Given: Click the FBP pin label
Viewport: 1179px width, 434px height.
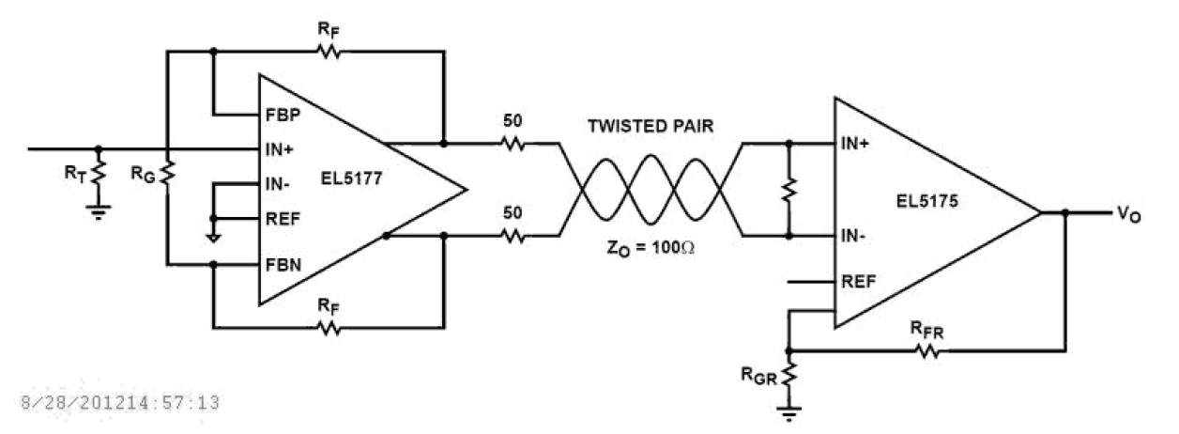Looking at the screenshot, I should (283, 116).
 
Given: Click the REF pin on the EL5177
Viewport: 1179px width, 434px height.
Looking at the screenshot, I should (283, 222).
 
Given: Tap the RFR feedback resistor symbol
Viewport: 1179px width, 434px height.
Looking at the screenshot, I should (927, 351).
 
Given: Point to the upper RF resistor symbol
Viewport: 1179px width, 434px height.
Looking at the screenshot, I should (328, 53).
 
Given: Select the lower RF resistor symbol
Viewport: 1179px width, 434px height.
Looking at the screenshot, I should (328, 329).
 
